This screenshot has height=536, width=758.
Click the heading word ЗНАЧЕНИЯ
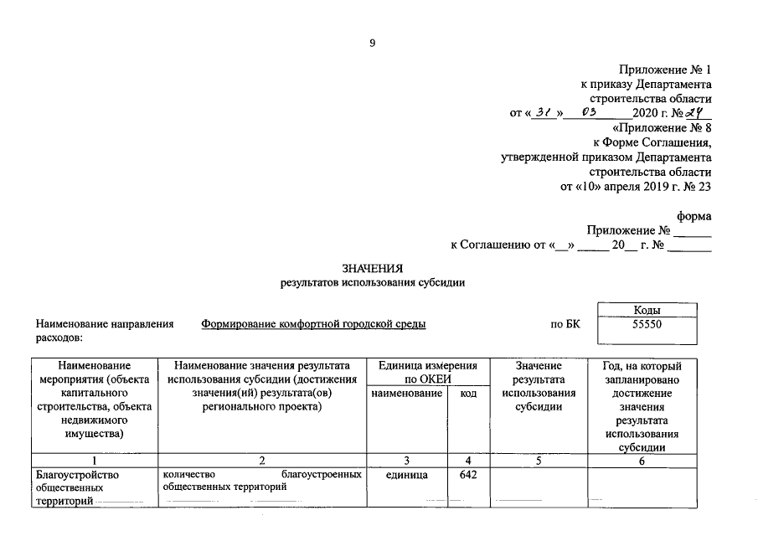point(373,268)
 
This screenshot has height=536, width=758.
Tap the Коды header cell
point(647,310)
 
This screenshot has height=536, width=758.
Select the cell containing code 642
point(468,475)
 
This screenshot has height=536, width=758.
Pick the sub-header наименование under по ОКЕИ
point(407,393)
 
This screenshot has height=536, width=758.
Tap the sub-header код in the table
point(468,393)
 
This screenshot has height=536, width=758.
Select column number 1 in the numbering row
point(95,460)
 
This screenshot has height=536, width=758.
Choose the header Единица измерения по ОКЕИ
point(428,372)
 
